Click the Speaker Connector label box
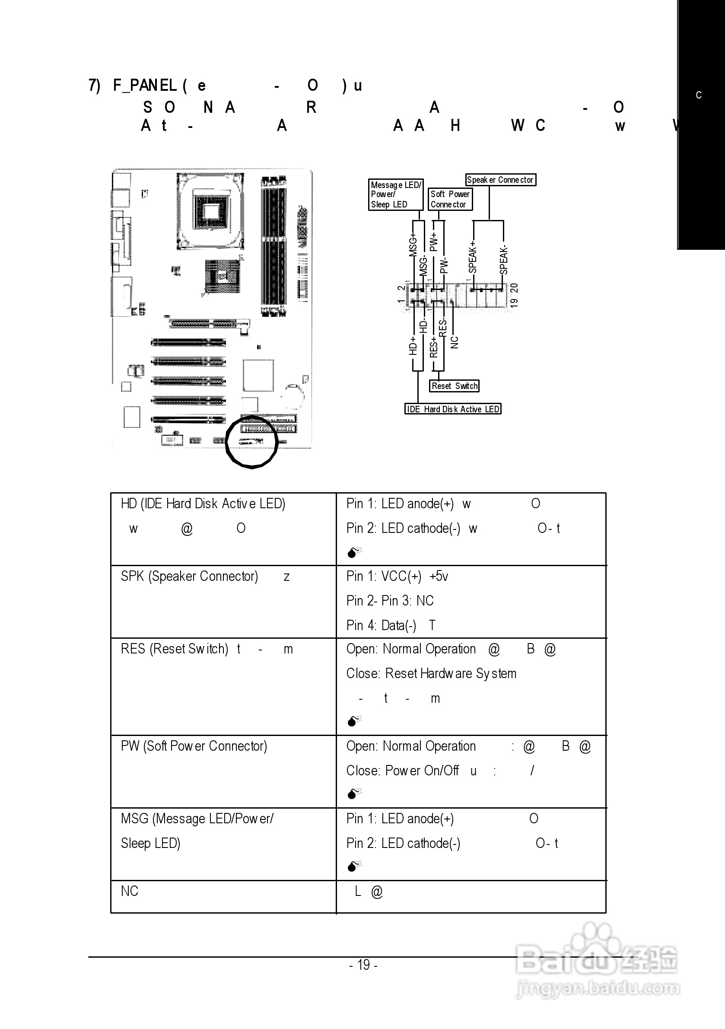click(x=500, y=180)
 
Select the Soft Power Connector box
click(x=450, y=199)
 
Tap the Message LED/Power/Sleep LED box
click(x=396, y=194)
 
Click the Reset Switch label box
click(x=455, y=386)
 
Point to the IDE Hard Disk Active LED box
click(x=452, y=409)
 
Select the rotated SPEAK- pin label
click(x=504, y=260)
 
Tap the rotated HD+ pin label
click(x=413, y=346)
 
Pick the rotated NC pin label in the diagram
click(x=455, y=342)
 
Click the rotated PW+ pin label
click(x=433, y=242)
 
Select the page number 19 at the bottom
click(x=363, y=965)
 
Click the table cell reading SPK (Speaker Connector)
click(x=189, y=576)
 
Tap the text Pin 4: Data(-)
click(x=382, y=625)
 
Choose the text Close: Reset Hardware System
click(x=431, y=674)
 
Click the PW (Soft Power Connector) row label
click(x=194, y=746)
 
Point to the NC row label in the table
click(x=130, y=891)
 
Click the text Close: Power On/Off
click(x=402, y=771)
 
